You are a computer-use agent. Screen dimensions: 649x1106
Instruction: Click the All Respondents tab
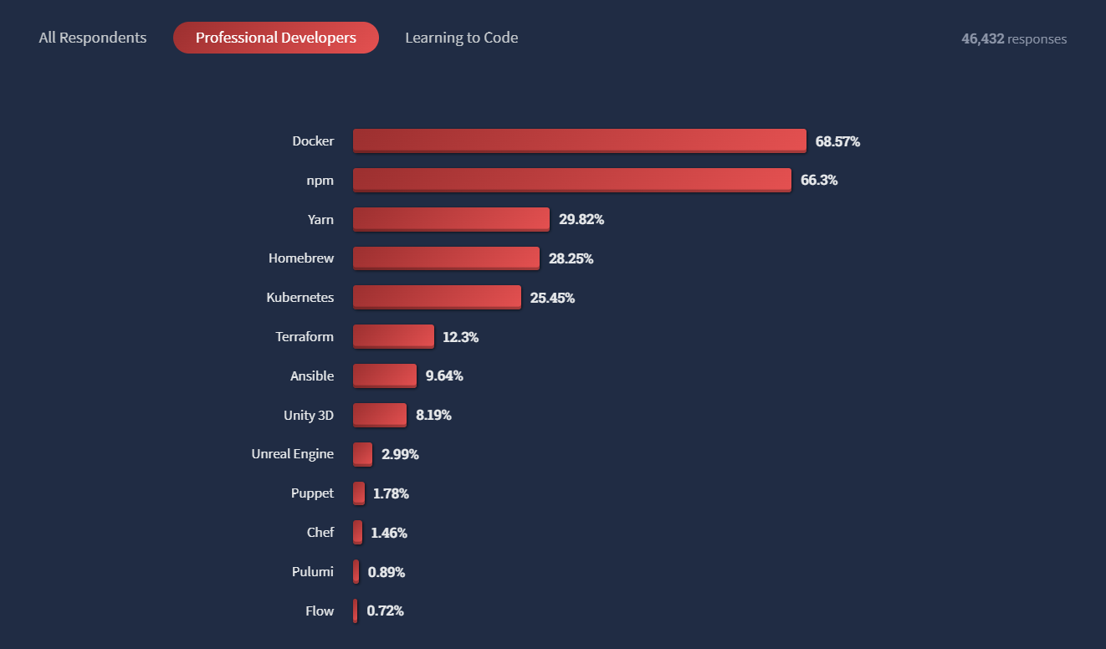(x=93, y=38)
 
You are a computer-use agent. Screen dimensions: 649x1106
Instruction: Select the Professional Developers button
(x=276, y=38)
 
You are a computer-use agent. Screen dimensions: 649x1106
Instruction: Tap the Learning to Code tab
(x=461, y=38)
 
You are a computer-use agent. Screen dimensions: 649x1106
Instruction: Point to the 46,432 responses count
(x=1014, y=38)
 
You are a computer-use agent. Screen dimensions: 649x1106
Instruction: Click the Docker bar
(x=579, y=141)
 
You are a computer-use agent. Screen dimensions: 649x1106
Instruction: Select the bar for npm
(x=571, y=180)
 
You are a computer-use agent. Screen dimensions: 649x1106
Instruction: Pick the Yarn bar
(x=451, y=219)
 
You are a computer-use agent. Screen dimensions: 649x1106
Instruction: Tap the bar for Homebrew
(x=446, y=258)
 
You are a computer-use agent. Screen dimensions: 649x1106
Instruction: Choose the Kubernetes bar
(x=437, y=297)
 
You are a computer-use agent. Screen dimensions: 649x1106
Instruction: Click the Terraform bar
(x=393, y=336)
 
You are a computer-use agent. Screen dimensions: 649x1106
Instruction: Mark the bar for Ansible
(x=384, y=376)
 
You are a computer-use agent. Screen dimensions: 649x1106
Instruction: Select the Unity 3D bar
(x=379, y=415)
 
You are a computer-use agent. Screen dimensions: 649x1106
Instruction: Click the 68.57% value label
(x=837, y=141)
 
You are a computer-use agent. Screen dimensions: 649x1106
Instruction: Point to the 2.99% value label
(x=400, y=454)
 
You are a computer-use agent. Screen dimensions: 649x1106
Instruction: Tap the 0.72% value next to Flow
(x=385, y=611)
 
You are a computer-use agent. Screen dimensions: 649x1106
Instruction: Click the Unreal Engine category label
(x=292, y=454)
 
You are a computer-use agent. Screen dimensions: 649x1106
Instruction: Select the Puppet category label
(x=312, y=493)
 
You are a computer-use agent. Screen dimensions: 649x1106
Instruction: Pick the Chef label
(x=320, y=532)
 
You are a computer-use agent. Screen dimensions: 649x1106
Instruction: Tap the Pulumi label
(x=312, y=571)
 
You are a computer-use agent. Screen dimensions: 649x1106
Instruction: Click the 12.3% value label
(x=460, y=337)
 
